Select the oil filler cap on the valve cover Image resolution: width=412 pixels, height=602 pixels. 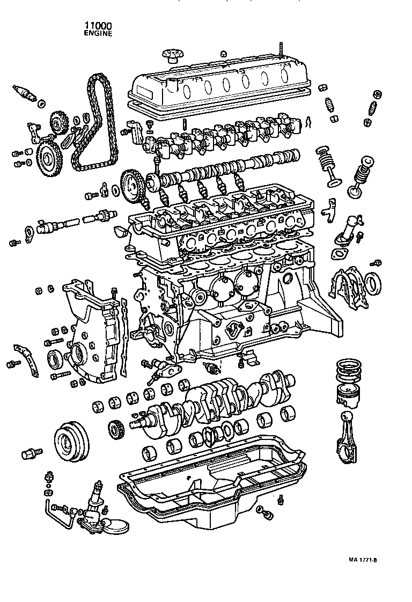[173, 55]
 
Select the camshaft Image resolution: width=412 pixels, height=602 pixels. [231, 166]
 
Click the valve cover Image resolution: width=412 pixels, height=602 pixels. [220, 83]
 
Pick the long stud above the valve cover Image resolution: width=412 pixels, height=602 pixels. [281, 49]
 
